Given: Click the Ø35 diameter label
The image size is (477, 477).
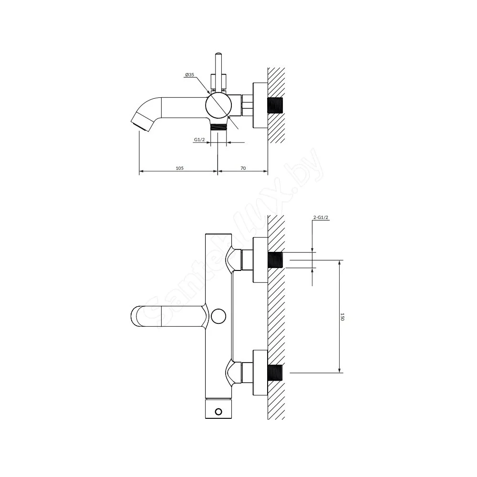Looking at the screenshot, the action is pyautogui.click(x=189, y=75).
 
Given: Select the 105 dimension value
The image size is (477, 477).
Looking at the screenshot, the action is pyautogui.click(x=179, y=168).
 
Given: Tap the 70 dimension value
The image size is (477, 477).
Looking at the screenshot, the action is pyautogui.click(x=243, y=168).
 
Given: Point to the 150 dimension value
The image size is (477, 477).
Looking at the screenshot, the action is pyautogui.click(x=342, y=316).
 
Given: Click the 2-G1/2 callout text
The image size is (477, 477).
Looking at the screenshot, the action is pyautogui.click(x=321, y=218).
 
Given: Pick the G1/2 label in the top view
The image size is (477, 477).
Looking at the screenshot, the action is pyautogui.click(x=199, y=140).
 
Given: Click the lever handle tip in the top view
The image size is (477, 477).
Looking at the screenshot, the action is pyautogui.click(x=218, y=55).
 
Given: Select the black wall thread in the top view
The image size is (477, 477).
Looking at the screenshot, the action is pyautogui.click(x=275, y=105).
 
